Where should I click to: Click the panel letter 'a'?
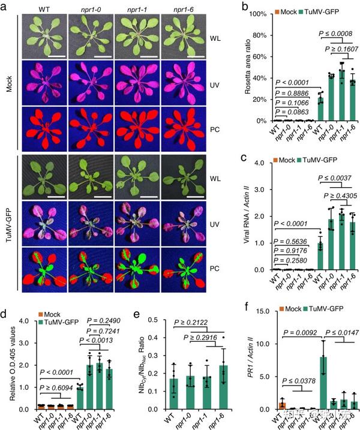[5, 6]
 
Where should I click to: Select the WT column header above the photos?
[44, 9]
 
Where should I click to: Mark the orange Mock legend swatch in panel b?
[271, 11]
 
